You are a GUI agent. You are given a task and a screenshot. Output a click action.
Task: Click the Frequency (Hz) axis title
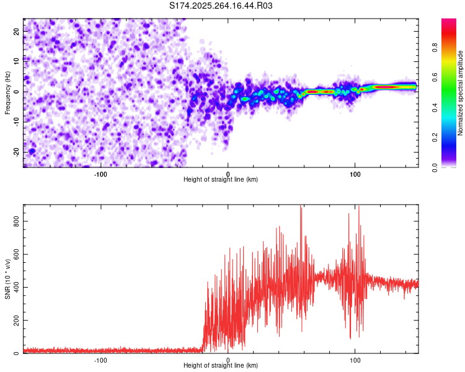[7, 92]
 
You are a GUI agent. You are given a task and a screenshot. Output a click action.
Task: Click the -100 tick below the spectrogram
[100, 174]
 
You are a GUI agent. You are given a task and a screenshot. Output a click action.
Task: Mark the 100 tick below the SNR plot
[355, 360]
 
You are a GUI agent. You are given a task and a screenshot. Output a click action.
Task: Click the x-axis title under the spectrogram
[221, 180]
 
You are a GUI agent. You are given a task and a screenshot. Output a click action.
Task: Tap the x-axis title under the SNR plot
[221, 366]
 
